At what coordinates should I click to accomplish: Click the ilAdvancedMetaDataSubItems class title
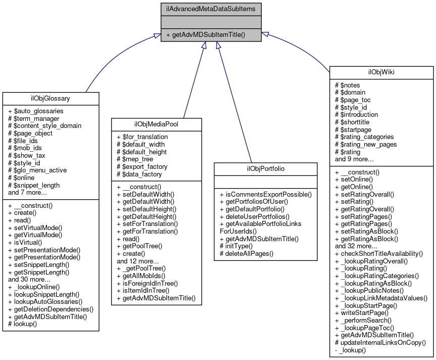[211, 9]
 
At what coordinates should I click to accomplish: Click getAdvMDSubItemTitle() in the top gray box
[208, 35]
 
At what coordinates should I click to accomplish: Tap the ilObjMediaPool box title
[157, 124]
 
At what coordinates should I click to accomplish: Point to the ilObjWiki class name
[381, 72]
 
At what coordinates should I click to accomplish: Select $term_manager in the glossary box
[34, 118]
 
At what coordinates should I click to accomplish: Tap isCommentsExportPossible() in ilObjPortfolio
[265, 194]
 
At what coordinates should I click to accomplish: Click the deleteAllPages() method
[246, 253]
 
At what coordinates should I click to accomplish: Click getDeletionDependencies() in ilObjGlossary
[51, 309]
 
